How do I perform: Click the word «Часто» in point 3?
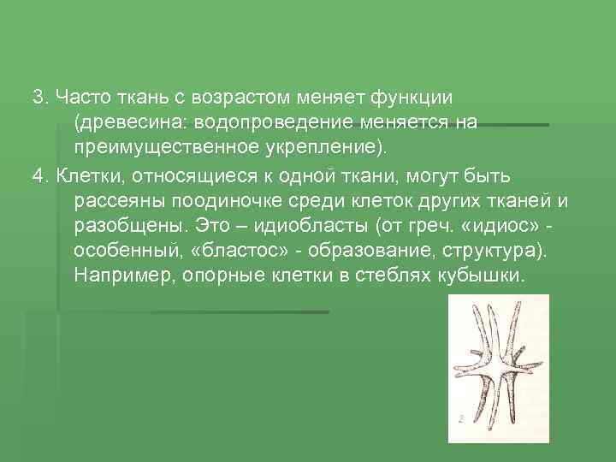[84, 95]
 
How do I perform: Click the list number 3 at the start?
[38, 95]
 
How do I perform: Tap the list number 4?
[38, 176]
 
